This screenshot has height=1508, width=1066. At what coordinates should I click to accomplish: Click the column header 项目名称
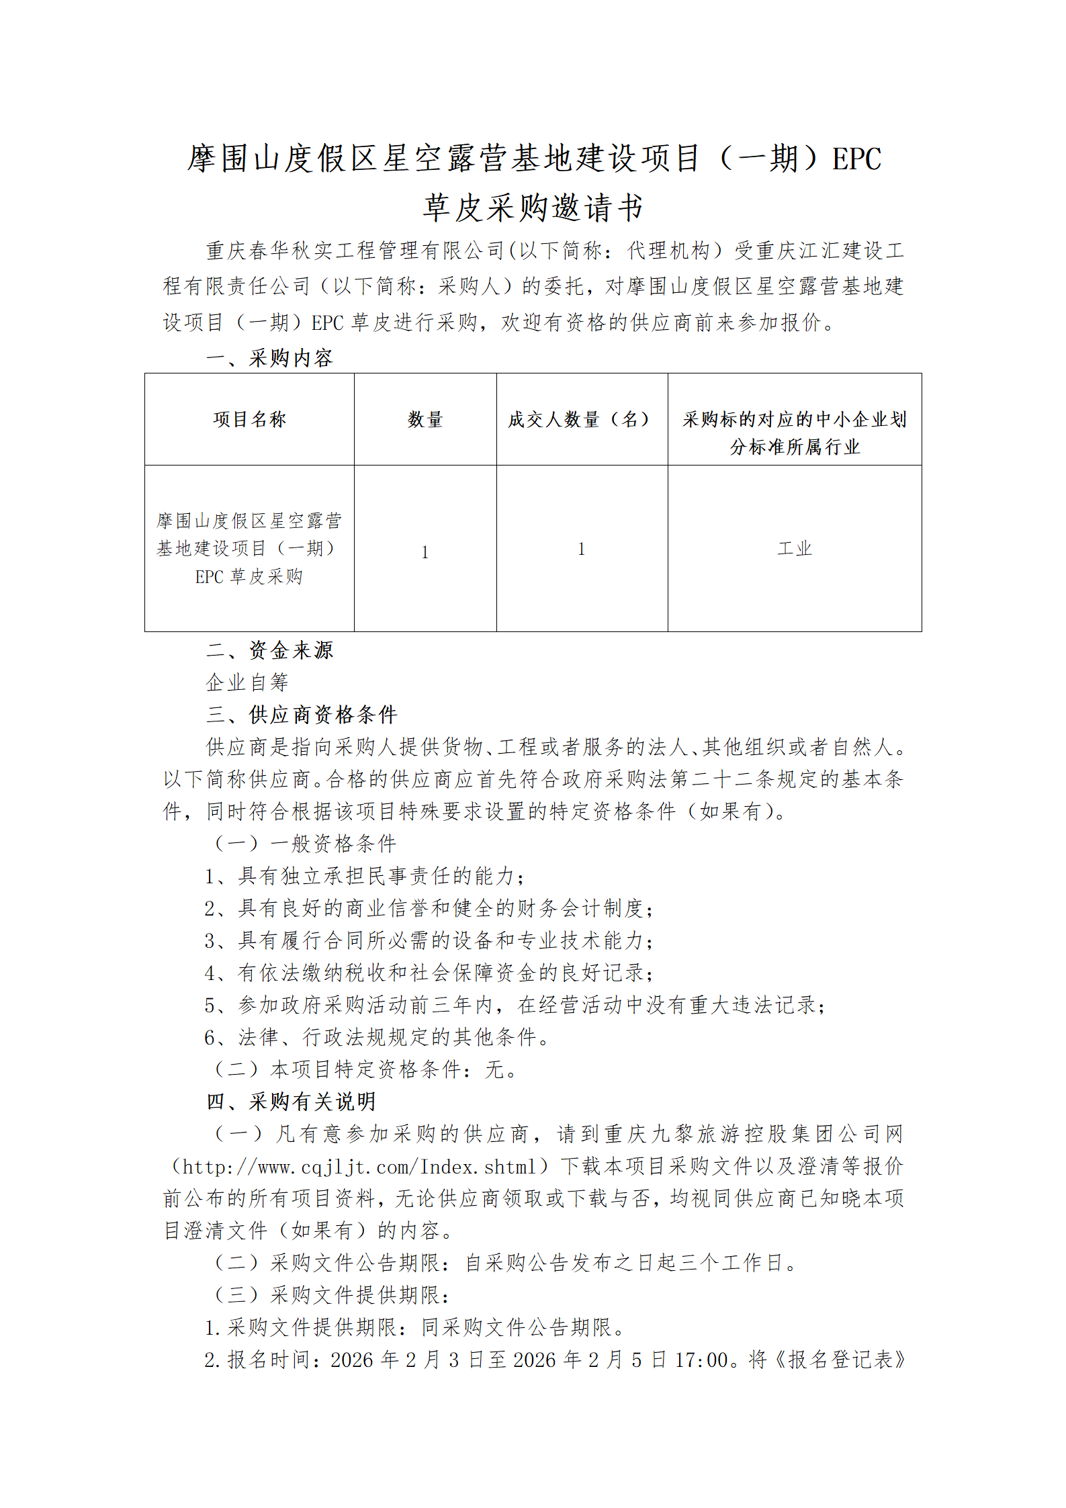point(249,420)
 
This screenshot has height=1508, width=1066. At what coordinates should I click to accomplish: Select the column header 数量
point(425,420)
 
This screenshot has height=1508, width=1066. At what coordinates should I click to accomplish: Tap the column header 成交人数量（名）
point(582,420)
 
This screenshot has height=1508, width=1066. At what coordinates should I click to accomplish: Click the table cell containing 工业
point(795,549)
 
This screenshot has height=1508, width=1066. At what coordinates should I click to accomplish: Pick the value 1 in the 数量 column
point(425,552)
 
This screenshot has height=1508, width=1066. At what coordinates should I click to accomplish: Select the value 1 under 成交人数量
point(582,549)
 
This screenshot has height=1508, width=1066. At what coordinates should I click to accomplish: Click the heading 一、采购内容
point(269,358)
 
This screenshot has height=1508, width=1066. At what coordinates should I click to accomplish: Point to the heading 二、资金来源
point(269,650)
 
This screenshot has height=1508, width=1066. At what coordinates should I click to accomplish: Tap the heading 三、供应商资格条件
point(302,714)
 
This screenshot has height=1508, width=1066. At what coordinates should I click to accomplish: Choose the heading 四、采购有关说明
point(291,1101)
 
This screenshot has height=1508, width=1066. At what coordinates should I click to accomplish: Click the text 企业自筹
point(247,682)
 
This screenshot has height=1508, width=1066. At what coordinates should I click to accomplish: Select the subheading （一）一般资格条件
point(304,844)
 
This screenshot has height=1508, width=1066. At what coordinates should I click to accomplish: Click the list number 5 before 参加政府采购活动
point(210,1006)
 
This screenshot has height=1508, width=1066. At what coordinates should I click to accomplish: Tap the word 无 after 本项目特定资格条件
point(495,1069)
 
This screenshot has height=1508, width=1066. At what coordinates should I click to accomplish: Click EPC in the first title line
point(856,159)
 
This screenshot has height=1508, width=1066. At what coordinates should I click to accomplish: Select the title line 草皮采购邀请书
point(533,208)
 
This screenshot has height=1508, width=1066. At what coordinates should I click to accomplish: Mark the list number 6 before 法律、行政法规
point(210,1038)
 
